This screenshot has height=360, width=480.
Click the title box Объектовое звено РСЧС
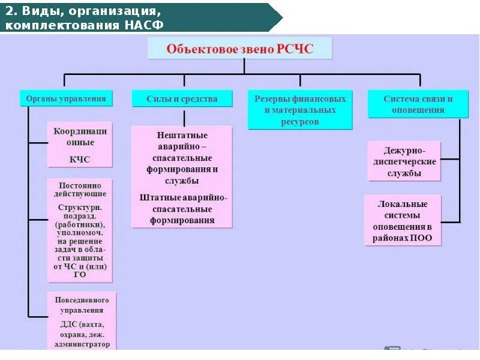pos(239,49)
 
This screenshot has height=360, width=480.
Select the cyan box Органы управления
pos(66,98)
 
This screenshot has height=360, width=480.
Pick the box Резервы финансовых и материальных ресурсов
pos(299,110)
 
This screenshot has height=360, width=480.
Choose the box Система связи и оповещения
pos(418,104)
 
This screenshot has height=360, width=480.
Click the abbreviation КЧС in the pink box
pos(80,160)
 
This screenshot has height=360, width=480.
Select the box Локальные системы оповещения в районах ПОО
pos(403,220)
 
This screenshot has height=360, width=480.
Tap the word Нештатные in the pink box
pos(181,136)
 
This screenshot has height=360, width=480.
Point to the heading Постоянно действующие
pos(80,189)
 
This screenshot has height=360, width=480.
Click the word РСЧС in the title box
pos(295,49)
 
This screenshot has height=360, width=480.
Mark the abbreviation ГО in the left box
pos(80,274)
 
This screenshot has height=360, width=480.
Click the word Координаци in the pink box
pos(80,131)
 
